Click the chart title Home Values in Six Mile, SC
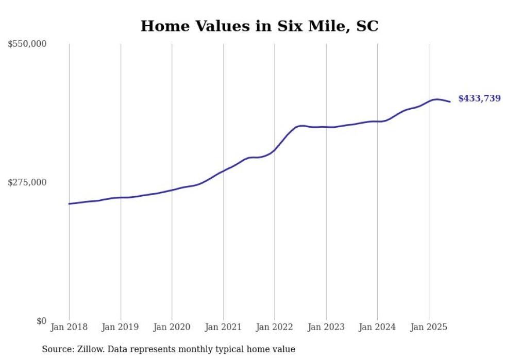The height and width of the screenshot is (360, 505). [259, 26]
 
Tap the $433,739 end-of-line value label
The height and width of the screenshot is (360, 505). [479, 98]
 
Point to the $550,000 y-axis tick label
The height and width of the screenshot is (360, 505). [27, 44]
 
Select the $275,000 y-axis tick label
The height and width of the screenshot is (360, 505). [27, 182]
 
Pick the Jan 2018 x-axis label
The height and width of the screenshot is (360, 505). [69, 327]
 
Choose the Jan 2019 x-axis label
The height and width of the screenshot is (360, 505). [121, 327]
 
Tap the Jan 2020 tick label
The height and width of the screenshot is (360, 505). [172, 327]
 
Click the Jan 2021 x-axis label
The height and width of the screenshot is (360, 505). [223, 327]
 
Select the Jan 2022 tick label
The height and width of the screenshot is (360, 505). [275, 327]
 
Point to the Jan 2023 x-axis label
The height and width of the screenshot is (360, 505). [326, 327]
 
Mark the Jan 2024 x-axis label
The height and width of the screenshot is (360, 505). [377, 327]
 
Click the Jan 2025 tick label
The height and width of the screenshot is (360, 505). [429, 327]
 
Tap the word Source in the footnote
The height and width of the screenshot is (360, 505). [56, 349]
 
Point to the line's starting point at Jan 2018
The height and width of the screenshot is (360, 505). [69, 204]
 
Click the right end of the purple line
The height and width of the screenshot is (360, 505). [450, 101]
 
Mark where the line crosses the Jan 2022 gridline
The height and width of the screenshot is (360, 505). [275, 150]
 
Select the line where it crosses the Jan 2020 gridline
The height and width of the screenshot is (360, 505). [172, 190]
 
